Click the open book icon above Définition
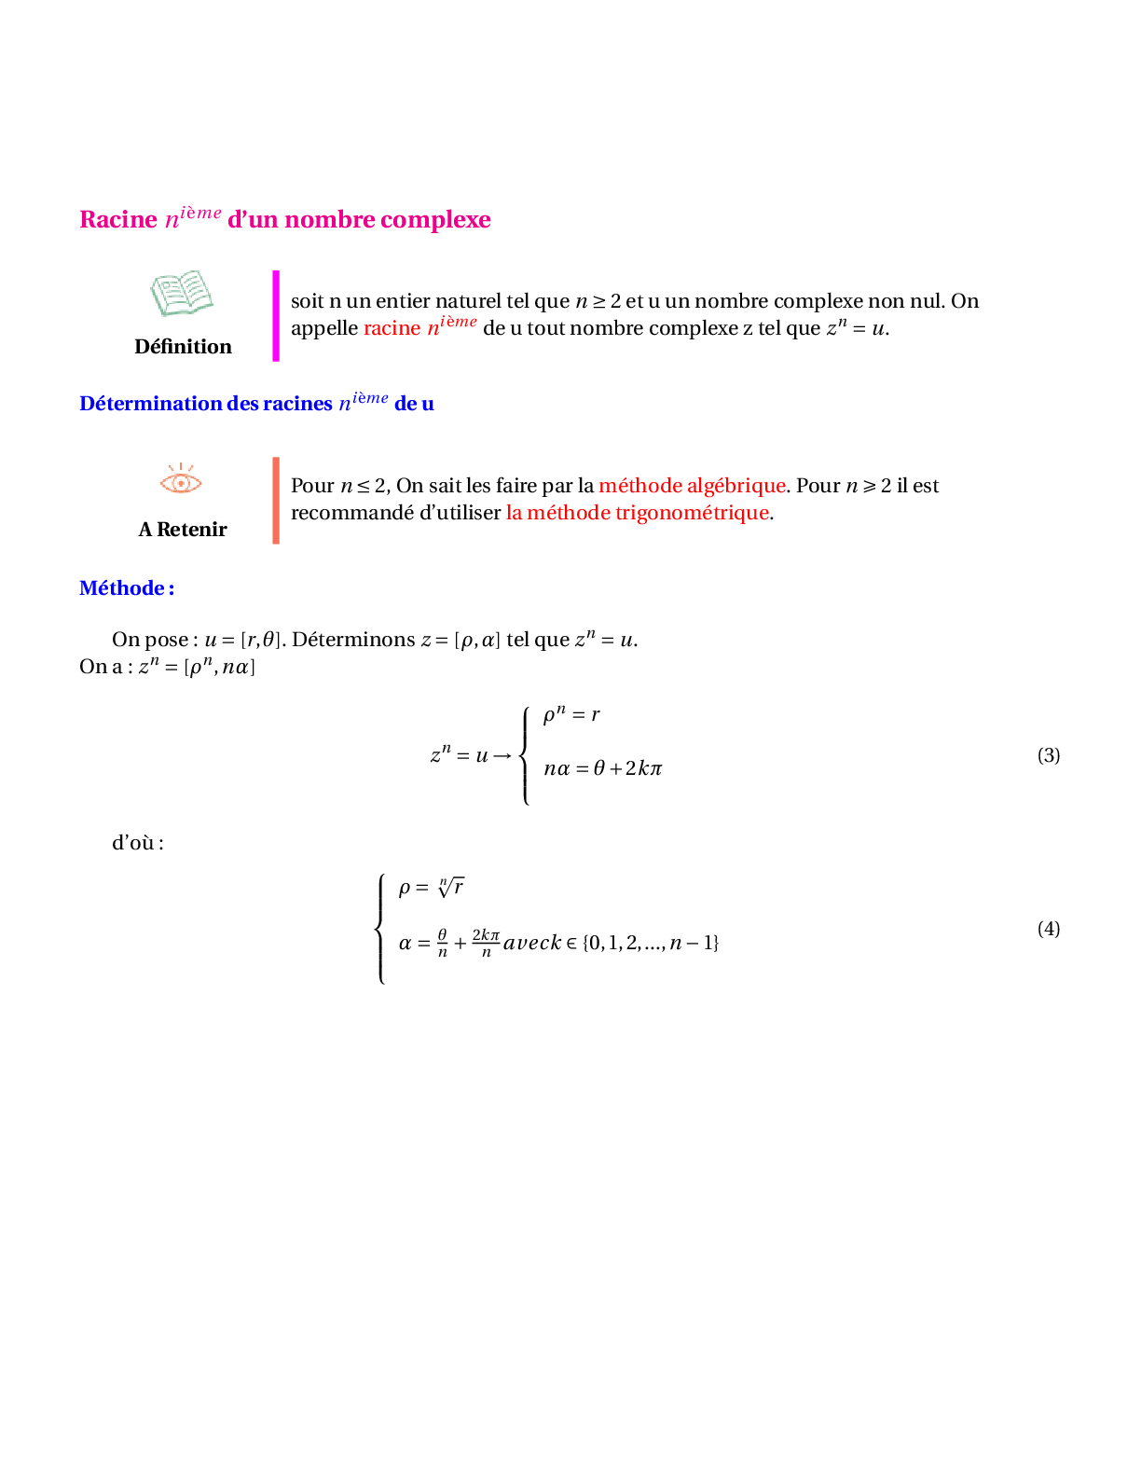[182, 293]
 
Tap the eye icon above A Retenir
[181, 478]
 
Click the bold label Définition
[183, 347]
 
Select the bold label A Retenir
[183, 530]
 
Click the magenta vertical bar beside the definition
[276, 316]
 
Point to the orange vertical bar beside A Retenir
[276, 501]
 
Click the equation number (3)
[1049, 755]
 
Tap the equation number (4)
[1049, 929]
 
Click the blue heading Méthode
[127, 588]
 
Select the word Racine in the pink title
[118, 219]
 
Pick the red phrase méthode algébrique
[692, 486]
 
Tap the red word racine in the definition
[392, 328]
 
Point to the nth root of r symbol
[451, 887]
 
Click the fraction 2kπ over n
[486, 942]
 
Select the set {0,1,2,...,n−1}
[651, 943]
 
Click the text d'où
[137, 843]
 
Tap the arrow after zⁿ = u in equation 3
[502, 756]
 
